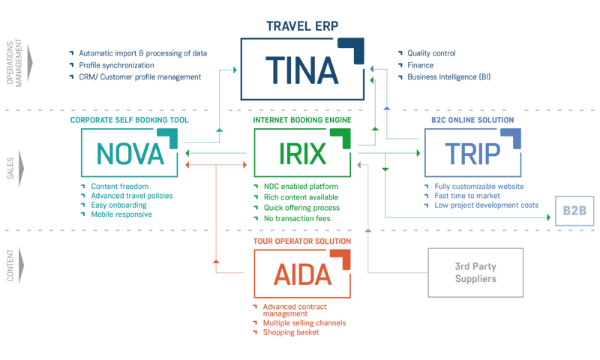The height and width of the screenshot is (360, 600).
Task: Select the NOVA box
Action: point(128,152)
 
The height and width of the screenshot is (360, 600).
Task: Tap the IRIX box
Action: point(301,152)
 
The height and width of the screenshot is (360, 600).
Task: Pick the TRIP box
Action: point(472,152)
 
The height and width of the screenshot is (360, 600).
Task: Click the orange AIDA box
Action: point(301,274)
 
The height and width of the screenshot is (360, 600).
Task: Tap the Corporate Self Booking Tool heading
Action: point(129,120)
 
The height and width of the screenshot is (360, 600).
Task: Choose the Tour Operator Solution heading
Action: point(301,241)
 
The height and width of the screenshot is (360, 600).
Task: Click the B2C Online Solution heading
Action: point(472,120)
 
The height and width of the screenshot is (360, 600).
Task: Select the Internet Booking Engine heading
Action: point(301,120)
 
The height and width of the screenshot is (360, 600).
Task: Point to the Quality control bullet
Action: point(430,54)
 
